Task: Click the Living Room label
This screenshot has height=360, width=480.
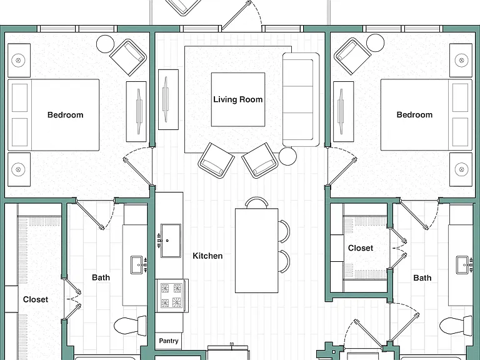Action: (x=238, y=99)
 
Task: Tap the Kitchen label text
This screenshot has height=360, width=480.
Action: (x=207, y=256)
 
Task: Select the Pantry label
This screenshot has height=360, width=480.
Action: (x=168, y=341)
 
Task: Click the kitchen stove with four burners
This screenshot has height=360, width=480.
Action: (x=171, y=296)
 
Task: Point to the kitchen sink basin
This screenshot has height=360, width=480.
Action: (x=171, y=241)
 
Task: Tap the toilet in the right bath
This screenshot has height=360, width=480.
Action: (x=456, y=326)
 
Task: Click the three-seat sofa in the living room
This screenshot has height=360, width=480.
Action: (x=301, y=99)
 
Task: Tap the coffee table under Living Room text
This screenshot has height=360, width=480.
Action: (x=238, y=99)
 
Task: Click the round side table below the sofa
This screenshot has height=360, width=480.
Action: (x=287, y=156)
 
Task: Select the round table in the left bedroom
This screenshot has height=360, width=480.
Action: (x=105, y=44)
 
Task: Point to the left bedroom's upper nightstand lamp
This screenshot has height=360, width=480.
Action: (x=18, y=60)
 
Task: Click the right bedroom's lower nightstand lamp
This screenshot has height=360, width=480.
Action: (x=461, y=169)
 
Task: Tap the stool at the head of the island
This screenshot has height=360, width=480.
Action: (x=256, y=202)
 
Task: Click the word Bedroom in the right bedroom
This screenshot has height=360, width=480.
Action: (x=414, y=115)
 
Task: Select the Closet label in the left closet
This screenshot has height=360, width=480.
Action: (x=36, y=299)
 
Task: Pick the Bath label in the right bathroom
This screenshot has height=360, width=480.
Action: (x=422, y=278)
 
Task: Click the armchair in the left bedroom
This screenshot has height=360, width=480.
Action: (x=128, y=57)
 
